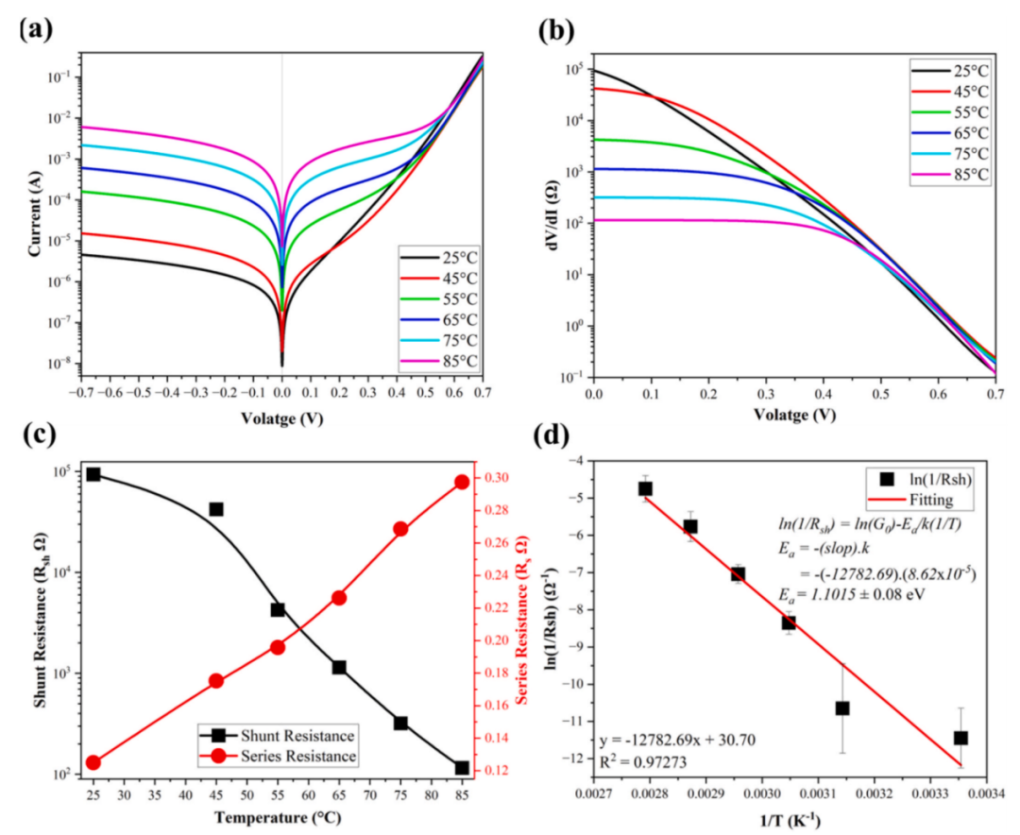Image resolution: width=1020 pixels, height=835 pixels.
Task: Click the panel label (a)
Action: (36, 30)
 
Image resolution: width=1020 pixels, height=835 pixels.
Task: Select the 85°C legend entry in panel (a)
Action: (439, 361)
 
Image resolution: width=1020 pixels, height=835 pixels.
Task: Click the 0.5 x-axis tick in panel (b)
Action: (881, 395)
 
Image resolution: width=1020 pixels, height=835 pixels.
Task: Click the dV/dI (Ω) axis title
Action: (555, 214)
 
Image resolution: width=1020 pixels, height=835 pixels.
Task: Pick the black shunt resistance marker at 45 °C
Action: (216, 509)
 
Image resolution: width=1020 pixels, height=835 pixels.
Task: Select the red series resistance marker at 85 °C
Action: (462, 483)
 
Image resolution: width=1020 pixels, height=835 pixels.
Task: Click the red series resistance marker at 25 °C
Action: (93, 763)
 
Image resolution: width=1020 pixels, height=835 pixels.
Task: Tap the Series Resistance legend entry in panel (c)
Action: (278, 757)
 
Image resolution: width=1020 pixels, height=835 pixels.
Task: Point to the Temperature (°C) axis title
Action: (278, 817)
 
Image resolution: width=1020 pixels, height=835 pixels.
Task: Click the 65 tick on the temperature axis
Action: (339, 795)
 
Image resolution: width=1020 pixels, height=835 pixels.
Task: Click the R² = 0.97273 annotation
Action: (643, 761)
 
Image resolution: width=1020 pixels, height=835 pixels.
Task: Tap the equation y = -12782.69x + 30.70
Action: (677, 740)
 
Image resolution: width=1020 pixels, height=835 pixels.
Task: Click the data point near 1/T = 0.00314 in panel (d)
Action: (842, 708)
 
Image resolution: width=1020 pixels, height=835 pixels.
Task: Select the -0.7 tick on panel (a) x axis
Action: (79, 394)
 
